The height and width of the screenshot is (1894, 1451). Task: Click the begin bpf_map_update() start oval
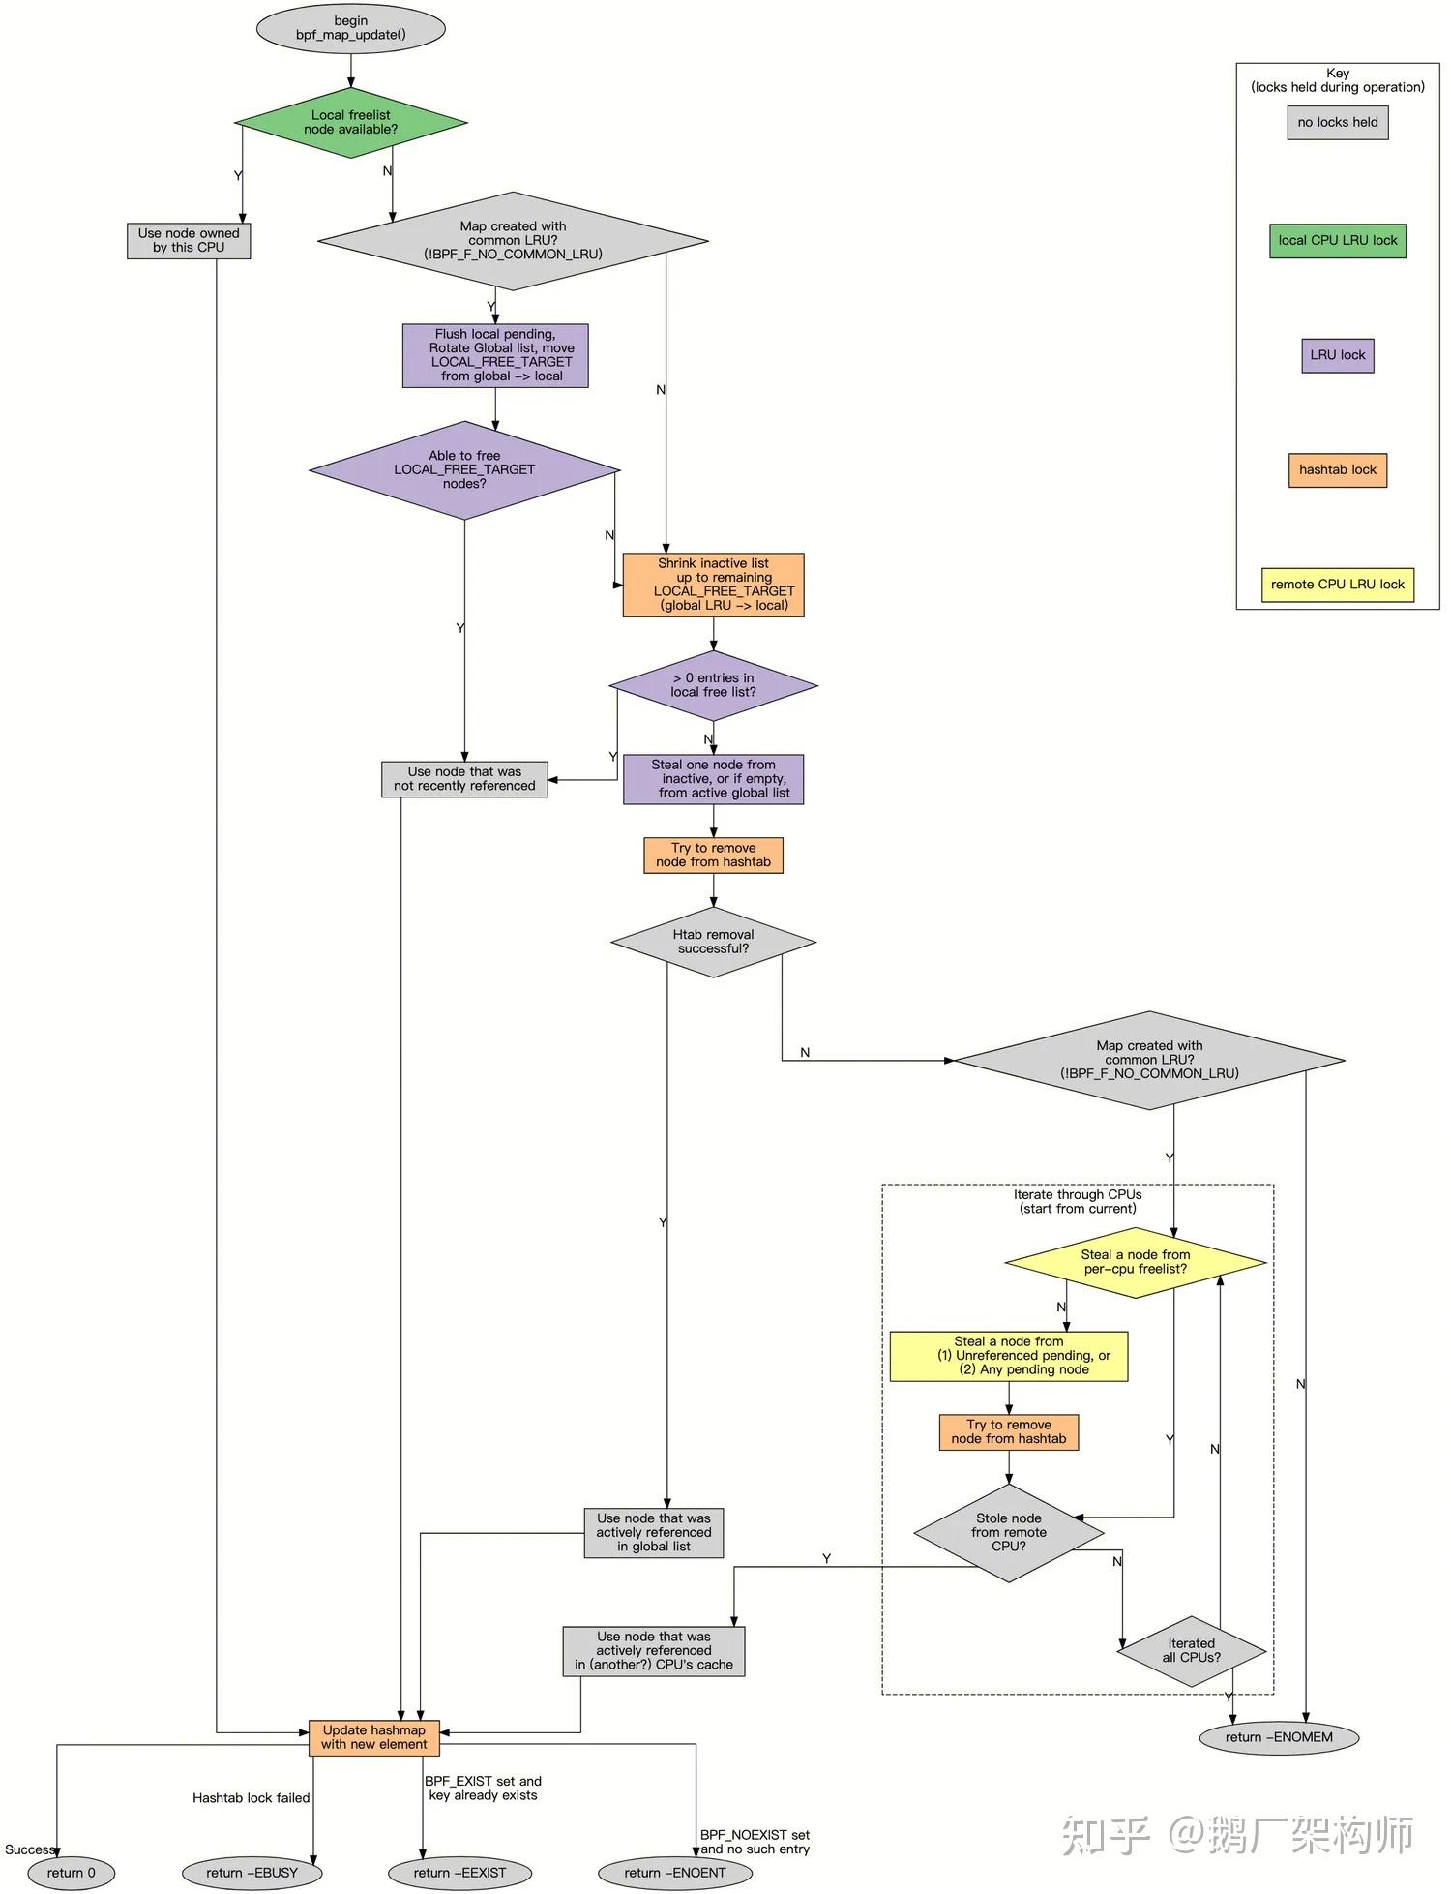click(x=350, y=28)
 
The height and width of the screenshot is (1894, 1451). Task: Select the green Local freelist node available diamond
click(x=350, y=122)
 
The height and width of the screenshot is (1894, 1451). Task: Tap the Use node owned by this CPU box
click(x=189, y=240)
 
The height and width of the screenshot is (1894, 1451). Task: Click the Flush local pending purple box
click(x=495, y=355)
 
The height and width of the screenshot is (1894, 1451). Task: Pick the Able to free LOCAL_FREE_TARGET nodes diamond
click(x=464, y=469)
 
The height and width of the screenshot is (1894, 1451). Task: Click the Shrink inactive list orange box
click(x=713, y=585)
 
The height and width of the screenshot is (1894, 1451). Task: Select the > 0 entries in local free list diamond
click(x=713, y=685)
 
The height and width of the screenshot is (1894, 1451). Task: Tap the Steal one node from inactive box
click(x=713, y=779)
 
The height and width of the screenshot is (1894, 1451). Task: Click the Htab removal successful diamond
click(x=713, y=942)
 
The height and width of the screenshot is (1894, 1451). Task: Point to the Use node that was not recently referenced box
click(x=464, y=779)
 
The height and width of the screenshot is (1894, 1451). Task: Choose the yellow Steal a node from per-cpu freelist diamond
click(x=1135, y=1262)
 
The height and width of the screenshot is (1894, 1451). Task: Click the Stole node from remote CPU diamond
click(x=1008, y=1532)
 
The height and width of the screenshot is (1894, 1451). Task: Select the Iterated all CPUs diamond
click(x=1191, y=1651)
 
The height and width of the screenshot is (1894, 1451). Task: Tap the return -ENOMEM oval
click(x=1278, y=1737)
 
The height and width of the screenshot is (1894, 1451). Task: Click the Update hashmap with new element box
click(x=374, y=1737)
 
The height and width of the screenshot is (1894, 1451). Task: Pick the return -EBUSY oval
click(x=252, y=1873)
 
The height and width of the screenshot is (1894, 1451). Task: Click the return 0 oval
click(x=71, y=1873)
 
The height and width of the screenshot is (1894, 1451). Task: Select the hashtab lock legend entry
click(x=1337, y=469)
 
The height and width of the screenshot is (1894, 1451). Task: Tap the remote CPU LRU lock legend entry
click(x=1337, y=585)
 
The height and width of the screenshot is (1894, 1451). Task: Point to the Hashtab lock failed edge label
click(x=251, y=1798)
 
